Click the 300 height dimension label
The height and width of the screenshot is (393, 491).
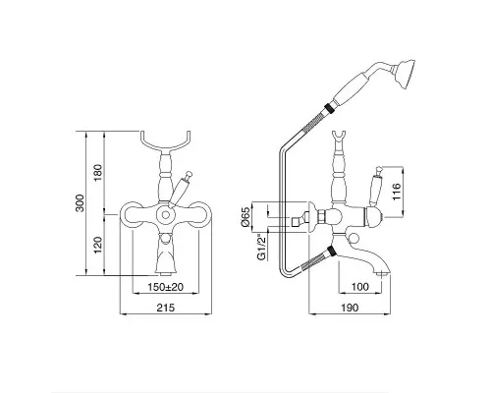click(x=80, y=203)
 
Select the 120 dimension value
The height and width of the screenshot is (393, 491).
click(x=98, y=245)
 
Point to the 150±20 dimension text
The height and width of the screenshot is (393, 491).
click(x=165, y=287)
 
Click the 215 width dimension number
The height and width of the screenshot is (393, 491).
click(x=166, y=308)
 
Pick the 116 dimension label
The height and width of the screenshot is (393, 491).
click(x=396, y=192)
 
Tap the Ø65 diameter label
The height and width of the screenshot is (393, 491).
click(x=245, y=217)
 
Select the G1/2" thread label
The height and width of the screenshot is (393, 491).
click(x=261, y=248)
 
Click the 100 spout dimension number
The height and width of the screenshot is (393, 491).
click(x=360, y=287)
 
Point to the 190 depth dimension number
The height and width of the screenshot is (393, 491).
click(x=350, y=308)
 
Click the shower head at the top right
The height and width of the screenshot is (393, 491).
click(x=406, y=73)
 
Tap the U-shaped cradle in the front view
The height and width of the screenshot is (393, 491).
click(x=166, y=143)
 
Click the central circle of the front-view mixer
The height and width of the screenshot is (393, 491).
click(x=166, y=215)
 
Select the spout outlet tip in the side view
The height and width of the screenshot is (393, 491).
click(x=384, y=273)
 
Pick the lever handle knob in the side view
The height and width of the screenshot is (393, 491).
click(x=379, y=170)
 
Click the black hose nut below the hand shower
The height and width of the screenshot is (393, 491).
click(x=328, y=109)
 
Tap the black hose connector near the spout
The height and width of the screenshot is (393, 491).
click(x=332, y=252)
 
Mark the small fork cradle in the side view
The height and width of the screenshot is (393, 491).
click(x=338, y=137)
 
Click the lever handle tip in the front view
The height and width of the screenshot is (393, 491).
click(x=188, y=173)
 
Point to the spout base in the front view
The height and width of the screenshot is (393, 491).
click(x=166, y=271)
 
